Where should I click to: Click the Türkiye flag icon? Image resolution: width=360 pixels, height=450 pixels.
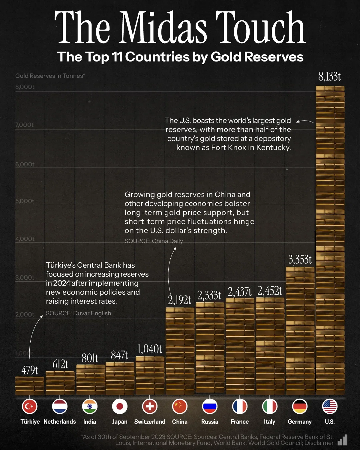pos(30,406)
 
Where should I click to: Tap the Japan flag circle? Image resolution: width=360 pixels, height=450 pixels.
pos(120,406)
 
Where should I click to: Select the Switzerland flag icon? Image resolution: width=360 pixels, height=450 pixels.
pos(150,406)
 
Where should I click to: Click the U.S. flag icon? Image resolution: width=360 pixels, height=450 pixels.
pos(330,406)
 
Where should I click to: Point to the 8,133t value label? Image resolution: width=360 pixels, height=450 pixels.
pos(329,77)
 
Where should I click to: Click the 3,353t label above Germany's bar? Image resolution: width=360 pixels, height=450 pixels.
pos(300,259)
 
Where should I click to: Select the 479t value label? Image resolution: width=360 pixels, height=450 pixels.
pos(30,370)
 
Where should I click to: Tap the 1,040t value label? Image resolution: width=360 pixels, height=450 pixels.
pos(149,349)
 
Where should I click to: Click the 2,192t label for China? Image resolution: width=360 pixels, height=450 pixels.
pos(179,300)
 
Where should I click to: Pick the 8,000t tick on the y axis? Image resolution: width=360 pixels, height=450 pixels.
pos(25,87)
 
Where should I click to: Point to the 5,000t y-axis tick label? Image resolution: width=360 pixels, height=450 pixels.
pos(25,201)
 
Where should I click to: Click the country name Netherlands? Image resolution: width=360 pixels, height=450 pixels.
pos(60,421)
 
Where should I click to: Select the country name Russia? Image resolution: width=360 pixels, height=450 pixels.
pos(210,421)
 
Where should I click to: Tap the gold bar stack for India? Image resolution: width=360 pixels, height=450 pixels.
pos(90,379)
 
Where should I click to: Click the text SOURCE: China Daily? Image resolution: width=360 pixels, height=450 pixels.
pos(154,241)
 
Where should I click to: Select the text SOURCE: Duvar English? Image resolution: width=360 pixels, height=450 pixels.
pos(78,313)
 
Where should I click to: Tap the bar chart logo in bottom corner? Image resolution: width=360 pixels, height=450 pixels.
pos(343,440)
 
